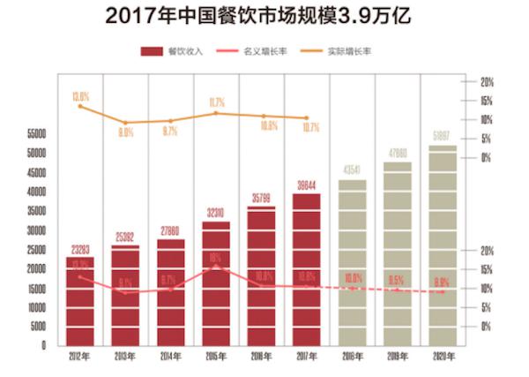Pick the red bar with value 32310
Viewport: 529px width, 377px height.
point(216,283)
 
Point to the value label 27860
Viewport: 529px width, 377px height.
point(171,229)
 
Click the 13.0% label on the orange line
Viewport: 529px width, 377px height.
point(81,95)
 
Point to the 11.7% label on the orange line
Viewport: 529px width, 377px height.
point(217,102)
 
